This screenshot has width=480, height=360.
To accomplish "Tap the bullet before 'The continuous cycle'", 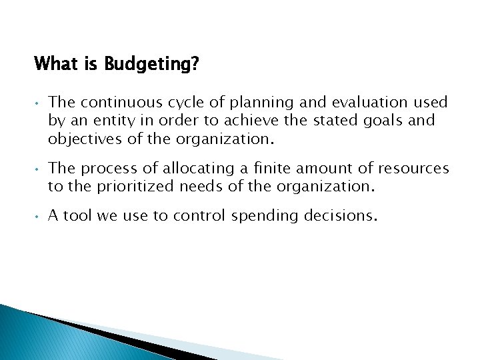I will click(37, 103).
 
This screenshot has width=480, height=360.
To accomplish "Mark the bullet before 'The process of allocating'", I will click(37, 169).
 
